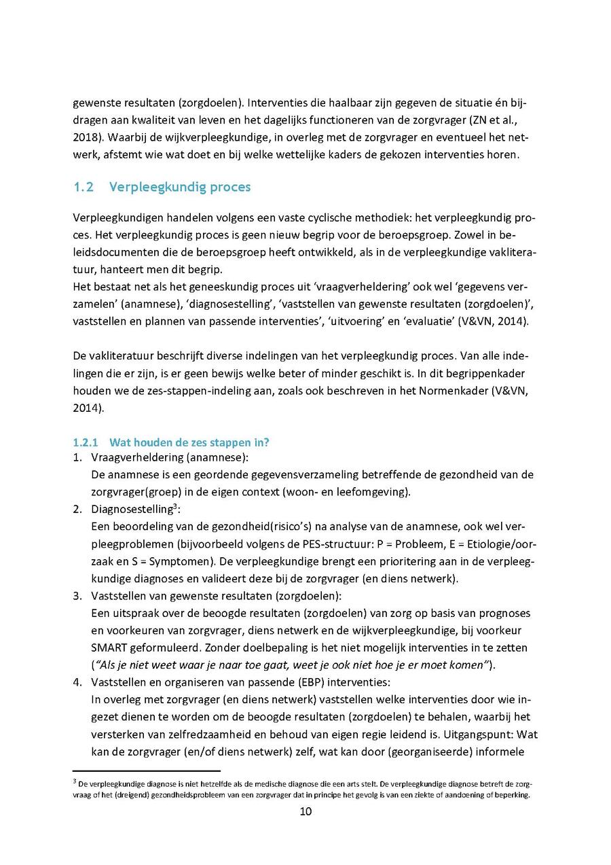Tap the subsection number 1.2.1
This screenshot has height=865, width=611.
[86, 442]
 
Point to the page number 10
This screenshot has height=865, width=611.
[305, 811]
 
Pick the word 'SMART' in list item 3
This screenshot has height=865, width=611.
[109, 647]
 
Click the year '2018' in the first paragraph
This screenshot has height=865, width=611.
[85, 137]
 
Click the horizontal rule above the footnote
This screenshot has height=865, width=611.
[147, 771]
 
